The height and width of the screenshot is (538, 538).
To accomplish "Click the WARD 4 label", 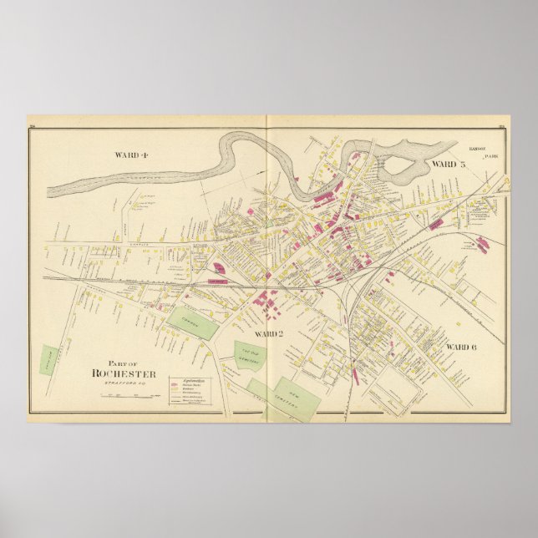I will [132, 155].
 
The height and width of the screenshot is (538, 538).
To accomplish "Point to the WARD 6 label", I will [460, 346].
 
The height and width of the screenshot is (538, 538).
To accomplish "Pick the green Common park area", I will [192, 322].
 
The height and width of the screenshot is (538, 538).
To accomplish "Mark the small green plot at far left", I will [49, 361].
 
